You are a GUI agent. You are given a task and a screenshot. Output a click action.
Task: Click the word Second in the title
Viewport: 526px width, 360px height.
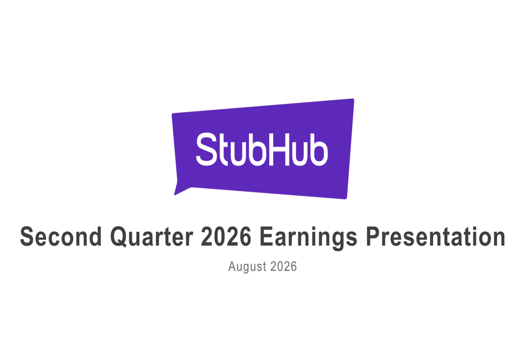[x=60, y=236]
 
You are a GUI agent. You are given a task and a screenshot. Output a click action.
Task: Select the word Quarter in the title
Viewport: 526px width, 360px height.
[x=151, y=236]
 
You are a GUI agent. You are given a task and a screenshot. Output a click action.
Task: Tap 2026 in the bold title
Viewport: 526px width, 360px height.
[x=226, y=236]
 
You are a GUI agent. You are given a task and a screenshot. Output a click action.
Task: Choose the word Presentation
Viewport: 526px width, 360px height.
[x=436, y=236]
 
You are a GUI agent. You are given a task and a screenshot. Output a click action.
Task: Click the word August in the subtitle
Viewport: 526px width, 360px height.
[x=247, y=267]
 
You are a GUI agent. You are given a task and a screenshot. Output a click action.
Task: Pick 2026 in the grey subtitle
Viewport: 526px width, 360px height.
[x=284, y=266]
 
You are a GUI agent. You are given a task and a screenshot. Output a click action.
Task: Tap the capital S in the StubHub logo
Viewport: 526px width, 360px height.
[x=207, y=149]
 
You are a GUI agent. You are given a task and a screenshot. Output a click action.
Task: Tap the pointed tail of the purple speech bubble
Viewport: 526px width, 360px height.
[x=175, y=194]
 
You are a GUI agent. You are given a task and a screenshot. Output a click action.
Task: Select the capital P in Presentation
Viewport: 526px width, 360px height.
[x=373, y=236]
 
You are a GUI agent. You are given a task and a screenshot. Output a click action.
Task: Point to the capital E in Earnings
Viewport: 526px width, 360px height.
[x=267, y=236]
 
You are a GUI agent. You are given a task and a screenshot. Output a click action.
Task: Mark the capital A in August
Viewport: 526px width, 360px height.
[x=232, y=266]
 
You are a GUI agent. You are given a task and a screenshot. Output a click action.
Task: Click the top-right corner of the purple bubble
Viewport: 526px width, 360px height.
[x=353, y=99]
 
